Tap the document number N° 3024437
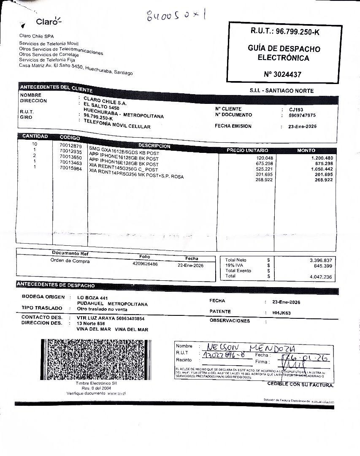[x=282, y=74]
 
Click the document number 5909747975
[x=302, y=115]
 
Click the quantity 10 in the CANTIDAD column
[x=35, y=144]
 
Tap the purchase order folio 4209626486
[x=145, y=264]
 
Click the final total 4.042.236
[x=320, y=277]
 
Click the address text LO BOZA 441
[x=89, y=298]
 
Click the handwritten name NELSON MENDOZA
[x=249, y=347]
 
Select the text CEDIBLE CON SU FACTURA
[x=300, y=384]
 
